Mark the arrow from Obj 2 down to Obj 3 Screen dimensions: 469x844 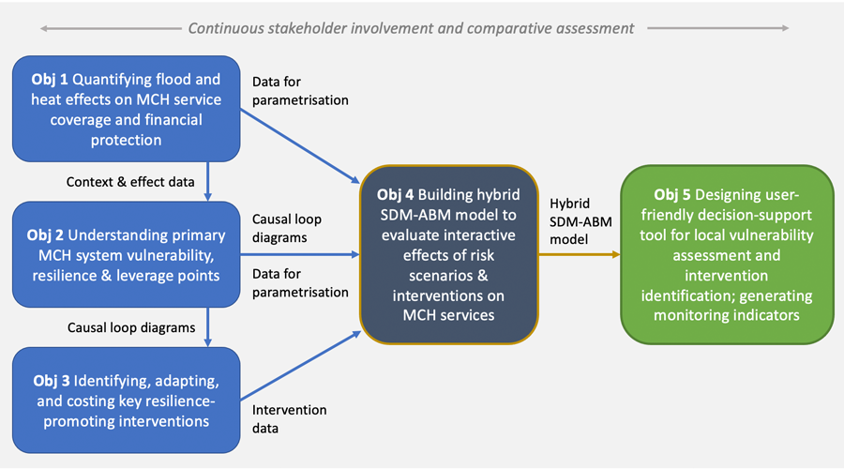207,327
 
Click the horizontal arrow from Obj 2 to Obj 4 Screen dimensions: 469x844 300,254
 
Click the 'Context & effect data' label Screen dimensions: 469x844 130,181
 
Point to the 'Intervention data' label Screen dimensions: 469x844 290,419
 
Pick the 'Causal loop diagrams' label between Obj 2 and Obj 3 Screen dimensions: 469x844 131,328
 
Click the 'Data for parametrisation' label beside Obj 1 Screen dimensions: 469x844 300,92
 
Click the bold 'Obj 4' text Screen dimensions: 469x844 397,195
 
